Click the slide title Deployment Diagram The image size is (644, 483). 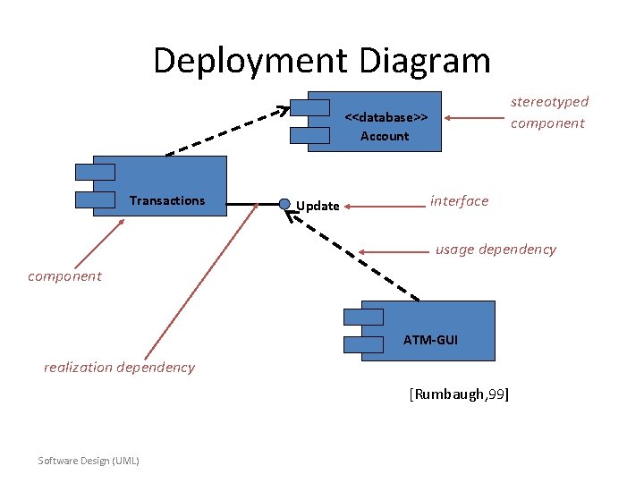[x=321, y=61]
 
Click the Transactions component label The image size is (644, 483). [x=166, y=200]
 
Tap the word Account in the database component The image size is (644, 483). [x=385, y=136]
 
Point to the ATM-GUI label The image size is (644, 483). [x=430, y=340]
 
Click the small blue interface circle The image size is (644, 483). [x=284, y=204]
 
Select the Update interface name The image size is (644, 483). [x=318, y=206]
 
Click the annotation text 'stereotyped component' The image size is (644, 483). [x=549, y=113]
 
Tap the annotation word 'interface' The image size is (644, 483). [x=459, y=200]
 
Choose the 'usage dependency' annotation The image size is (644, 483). [x=496, y=250]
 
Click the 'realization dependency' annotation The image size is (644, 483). [x=119, y=367]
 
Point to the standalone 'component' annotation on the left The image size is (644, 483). [x=64, y=275]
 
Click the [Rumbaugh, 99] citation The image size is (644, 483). [x=459, y=394]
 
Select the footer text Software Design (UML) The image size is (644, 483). [x=89, y=461]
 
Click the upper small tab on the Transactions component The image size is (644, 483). [x=96, y=172]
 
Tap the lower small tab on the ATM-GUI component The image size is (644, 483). [x=362, y=344]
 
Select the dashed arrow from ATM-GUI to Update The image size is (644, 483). [x=352, y=255]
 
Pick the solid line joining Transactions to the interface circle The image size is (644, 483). [x=252, y=205]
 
